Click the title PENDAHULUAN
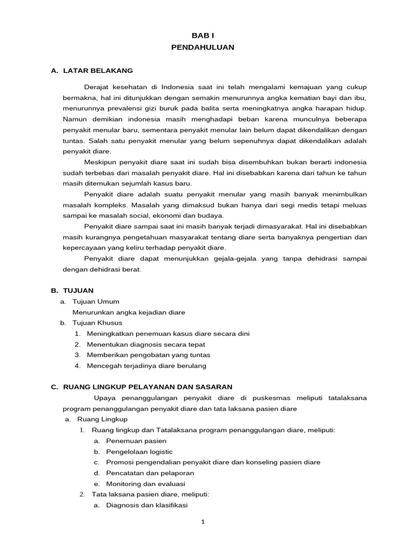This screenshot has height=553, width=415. point(203,48)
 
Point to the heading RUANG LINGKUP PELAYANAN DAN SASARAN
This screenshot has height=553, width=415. point(148,387)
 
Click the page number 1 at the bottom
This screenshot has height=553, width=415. point(203,522)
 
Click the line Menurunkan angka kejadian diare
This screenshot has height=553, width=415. point(129,312)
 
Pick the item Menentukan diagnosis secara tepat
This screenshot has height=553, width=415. point(145,344)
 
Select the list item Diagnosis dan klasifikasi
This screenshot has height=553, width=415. point(146,505)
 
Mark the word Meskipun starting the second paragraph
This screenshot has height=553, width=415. point(101,162)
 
